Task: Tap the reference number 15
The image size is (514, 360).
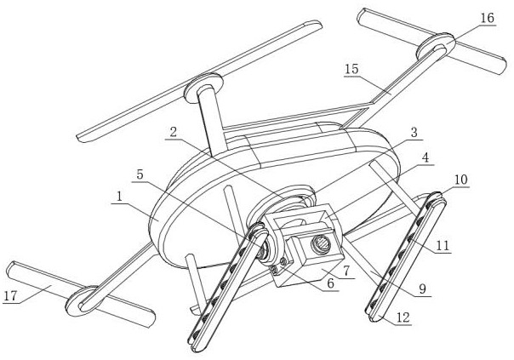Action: tap(351, 68)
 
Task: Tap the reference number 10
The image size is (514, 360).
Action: tap(460, 180)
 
